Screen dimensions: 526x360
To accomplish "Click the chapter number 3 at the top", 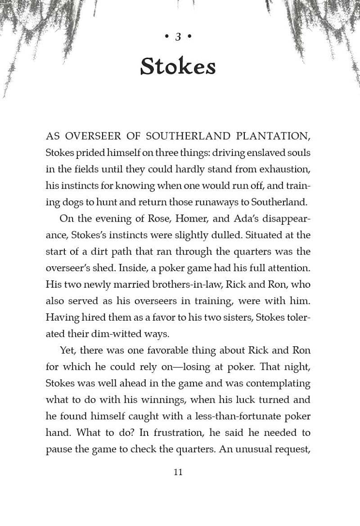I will tap(178, 37).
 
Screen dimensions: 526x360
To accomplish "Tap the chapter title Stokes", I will tap(178, 66).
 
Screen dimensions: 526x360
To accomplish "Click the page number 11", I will tap(178, 472).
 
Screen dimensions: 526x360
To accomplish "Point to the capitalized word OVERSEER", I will tap(91, 136).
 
